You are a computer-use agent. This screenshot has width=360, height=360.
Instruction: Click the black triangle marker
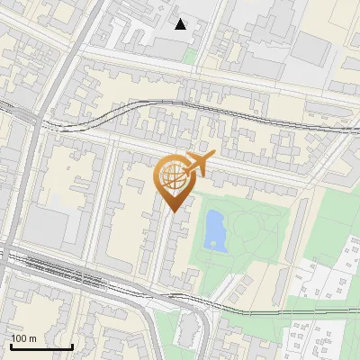181,24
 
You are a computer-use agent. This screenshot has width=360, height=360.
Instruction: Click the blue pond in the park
215,230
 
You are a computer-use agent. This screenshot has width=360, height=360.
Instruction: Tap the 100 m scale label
23,338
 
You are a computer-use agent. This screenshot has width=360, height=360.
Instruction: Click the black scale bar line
40,346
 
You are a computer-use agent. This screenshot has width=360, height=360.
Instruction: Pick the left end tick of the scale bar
11,345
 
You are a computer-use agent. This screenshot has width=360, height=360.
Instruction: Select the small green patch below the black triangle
189,55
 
